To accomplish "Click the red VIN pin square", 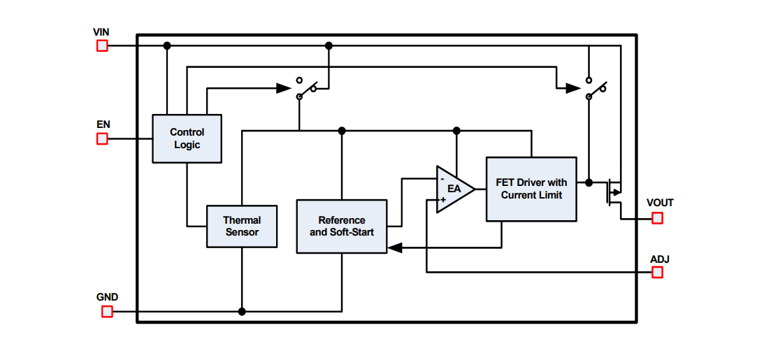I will coord(102,46).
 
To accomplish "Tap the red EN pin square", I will coord(102,138).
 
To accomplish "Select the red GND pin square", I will coord(107,312).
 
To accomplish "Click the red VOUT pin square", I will coord(657,218).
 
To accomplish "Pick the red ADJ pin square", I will coord(657,273).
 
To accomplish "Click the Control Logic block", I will coord(187,138).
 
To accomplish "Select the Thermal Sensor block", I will coord(242,226).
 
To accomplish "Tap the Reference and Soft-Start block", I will coord(341,226).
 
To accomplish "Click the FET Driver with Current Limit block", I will coord(531,189).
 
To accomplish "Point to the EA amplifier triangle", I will coord(453,189).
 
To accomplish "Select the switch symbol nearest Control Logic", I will coord(306,88).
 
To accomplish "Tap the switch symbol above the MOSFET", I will coord(596,88).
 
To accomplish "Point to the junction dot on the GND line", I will coord(242,312).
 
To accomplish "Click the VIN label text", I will coord(101,32).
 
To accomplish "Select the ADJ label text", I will coord(659,259).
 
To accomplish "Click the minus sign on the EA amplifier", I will coord(442,179).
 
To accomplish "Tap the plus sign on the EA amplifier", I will coord(442,199).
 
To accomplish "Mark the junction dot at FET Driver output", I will coord(589,182).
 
